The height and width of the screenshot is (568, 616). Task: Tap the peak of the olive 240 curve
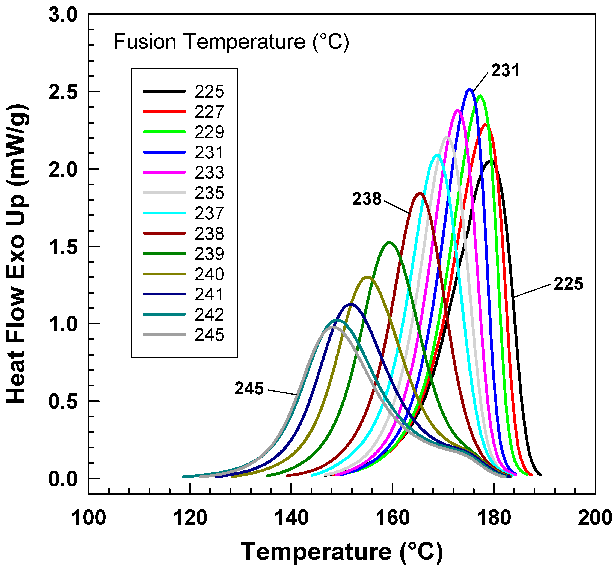point(367,277)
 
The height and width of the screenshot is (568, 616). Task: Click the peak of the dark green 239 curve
point(389,243)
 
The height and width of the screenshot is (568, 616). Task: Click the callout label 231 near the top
point(505,71)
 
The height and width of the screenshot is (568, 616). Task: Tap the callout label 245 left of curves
point(249,389)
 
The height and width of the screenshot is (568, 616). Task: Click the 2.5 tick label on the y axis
point(63,92)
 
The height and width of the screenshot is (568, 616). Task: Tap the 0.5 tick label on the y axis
point(63,401)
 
